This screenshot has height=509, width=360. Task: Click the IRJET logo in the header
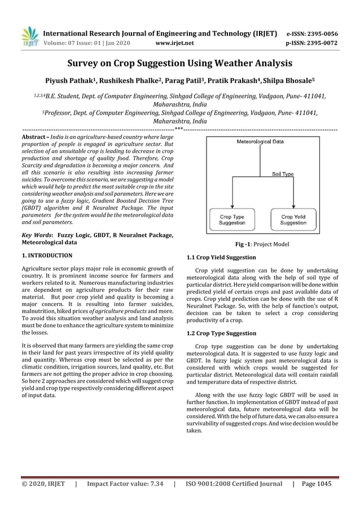coord(29,36)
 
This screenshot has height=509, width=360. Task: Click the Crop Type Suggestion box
coord(231,219)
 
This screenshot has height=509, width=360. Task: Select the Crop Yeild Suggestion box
coord(293,219)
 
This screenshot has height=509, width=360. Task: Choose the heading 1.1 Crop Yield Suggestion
coord(221,257)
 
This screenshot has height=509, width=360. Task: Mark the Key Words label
coord(36,234)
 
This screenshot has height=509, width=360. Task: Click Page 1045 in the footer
coord(317,484)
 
